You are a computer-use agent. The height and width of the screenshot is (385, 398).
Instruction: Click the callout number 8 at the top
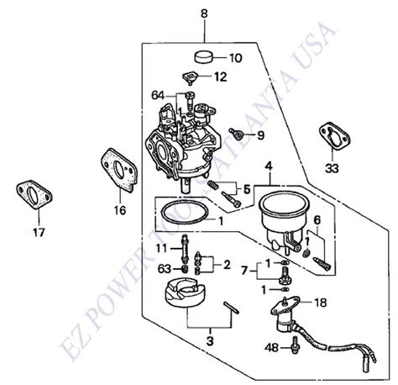point(202,13)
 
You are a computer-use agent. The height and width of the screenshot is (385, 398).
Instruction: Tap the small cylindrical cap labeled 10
point(202,57)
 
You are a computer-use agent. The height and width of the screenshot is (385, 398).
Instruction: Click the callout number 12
point(220,76)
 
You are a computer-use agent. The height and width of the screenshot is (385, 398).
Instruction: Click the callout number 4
point(270,165)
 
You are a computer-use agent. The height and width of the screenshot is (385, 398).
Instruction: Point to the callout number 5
point(246,190)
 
